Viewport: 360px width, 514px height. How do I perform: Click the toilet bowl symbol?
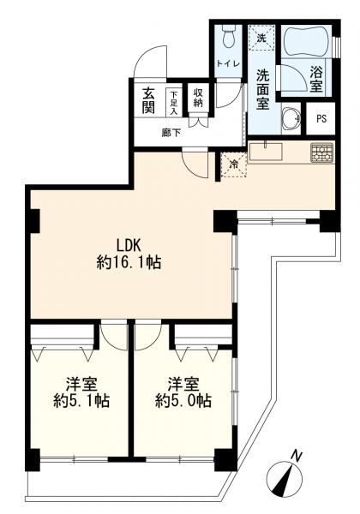227,37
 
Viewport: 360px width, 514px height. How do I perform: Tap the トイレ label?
228,64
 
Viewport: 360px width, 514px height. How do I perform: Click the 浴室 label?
315,79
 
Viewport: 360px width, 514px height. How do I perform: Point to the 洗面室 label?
262,89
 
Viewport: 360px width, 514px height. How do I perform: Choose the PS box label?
321,119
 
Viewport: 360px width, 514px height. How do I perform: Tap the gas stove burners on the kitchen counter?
322,153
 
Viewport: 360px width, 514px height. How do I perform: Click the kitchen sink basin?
266,152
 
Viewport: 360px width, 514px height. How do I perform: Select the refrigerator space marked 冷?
233,164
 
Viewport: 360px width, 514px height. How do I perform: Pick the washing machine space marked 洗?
261,38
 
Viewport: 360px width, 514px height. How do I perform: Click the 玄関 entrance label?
148,101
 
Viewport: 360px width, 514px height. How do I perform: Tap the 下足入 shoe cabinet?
173,102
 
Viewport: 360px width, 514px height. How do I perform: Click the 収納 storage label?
198,98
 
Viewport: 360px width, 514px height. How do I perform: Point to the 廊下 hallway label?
171,133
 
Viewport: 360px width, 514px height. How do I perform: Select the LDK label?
129,244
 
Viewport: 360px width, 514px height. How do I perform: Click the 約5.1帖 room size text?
81,400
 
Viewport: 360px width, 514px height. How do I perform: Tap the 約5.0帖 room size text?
183,400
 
